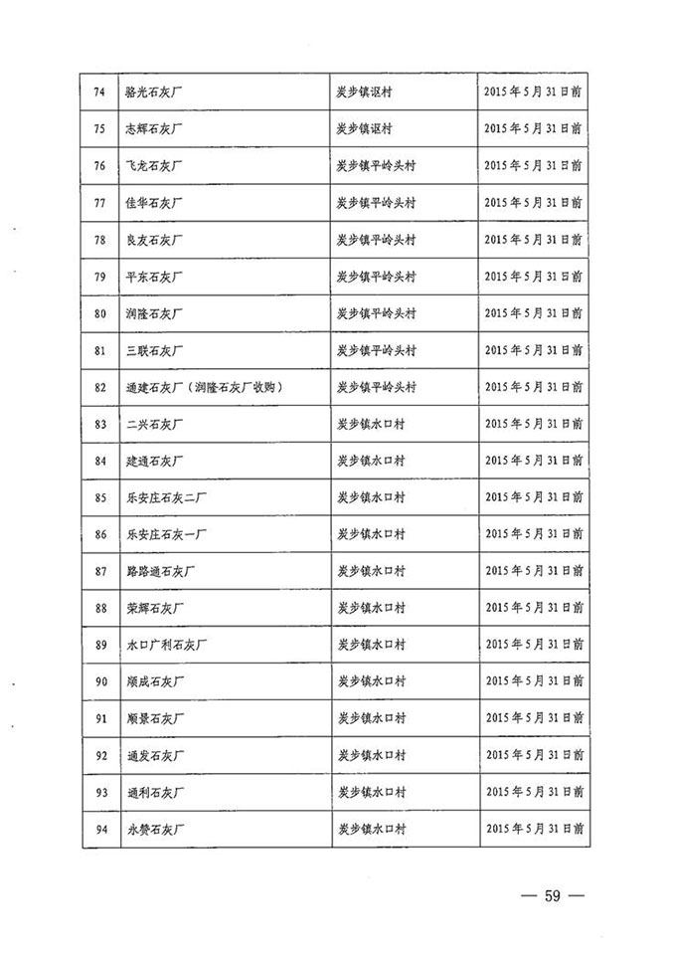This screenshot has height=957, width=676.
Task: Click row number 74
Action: coord(98,93)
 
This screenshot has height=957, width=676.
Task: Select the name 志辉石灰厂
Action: coord(154,129)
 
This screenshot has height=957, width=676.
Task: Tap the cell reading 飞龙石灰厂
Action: coord(154,166)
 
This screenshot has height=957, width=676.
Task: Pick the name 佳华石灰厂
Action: coord(154,203)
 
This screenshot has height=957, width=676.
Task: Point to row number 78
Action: coord(98,240)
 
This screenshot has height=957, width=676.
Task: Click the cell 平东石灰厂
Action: coord(154,277)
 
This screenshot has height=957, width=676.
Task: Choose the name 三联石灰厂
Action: coord(154,350)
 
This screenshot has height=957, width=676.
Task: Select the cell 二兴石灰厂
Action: coord(154,424)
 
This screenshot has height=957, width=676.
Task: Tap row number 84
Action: coord(98,461)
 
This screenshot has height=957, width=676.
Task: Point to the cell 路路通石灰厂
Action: coord(161,571)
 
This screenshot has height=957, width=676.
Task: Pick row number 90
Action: coord(98,681)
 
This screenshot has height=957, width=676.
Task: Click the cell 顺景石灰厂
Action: coord(154,718)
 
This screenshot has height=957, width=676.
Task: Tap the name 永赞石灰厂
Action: coord(154,828)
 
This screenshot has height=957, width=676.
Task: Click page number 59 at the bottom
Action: coord(553,896)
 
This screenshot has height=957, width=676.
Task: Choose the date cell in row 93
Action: coord(533,792)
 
